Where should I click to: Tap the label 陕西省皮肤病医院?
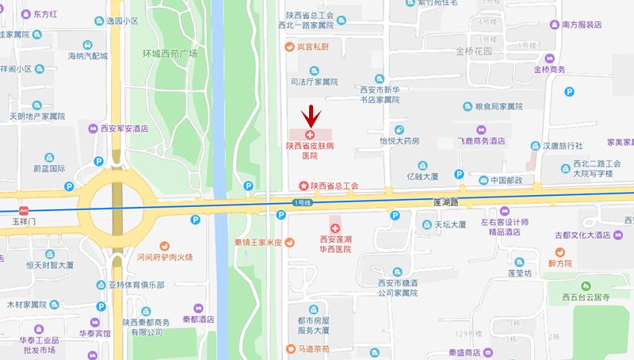[x=315, y=151]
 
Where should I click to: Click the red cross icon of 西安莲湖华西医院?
[x=335, y=228]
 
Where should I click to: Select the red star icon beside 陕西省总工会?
[x=302, y=186]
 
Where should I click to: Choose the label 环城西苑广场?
[x=170, y=54]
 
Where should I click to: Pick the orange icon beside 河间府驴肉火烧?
[x=165, y=246]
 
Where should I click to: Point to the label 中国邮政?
[x=506, y=180]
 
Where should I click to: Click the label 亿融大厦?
[x=421, y=176]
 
